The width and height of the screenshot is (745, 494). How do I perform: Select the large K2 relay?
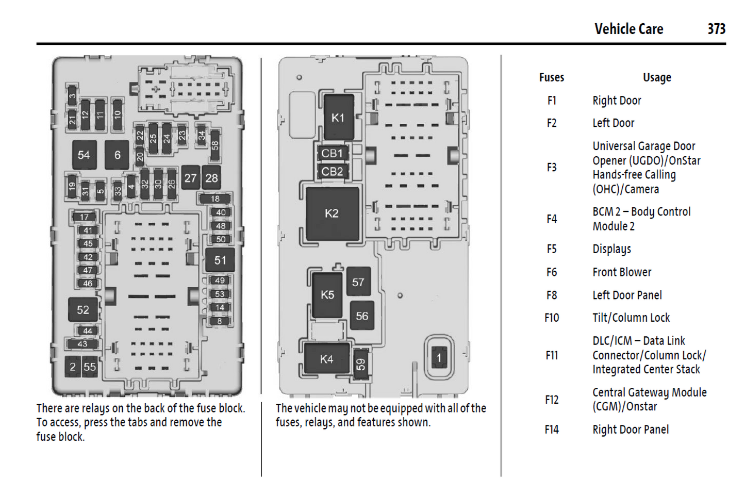tap(332, 213)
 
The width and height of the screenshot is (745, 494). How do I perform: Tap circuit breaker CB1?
tap(332, 154)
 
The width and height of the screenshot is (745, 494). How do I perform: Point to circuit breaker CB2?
tap(332, 171)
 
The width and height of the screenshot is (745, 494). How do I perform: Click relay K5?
tap(327, 294)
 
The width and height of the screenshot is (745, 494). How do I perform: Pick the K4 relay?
tap(326, 359)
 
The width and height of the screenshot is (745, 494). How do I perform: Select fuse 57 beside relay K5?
tap(358, 282)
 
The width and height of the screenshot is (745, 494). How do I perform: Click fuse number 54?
tap(84, 155)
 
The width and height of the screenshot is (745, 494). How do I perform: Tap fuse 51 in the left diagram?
tap(220, 260)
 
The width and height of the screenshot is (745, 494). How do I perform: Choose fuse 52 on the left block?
tap(83, 310)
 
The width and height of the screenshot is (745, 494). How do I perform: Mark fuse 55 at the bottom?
tap(90, 367)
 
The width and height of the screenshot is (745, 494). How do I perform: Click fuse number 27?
tap(190, 178)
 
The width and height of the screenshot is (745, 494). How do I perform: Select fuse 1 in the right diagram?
tap(439, 358)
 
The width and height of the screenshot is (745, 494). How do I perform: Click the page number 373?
tap(716, 29)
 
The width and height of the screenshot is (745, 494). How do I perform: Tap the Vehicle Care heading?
tap(628, 29)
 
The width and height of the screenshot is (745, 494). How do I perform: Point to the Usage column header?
tap(657, 77)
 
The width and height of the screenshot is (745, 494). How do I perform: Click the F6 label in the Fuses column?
tap(552, 272)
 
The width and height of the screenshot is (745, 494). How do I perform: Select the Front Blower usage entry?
tap(622, 272)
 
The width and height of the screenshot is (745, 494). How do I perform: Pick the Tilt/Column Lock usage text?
tap(631, 318)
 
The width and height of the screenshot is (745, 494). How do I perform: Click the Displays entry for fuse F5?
tap(611, 249)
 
